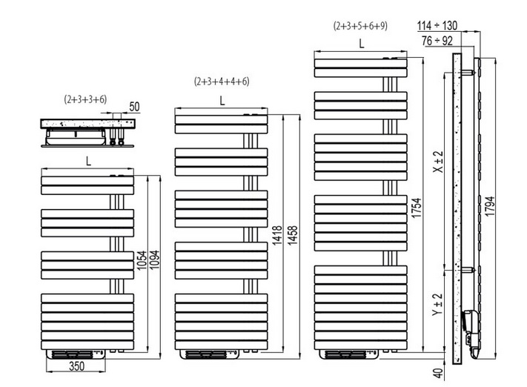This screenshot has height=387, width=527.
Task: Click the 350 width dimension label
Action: click(x=76, y=366)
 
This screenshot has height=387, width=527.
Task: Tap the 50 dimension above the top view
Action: click(x=134, y=107)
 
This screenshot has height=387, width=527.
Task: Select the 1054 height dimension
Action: click(x=142, y=260)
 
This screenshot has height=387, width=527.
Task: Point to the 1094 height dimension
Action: click(x=154, y=260)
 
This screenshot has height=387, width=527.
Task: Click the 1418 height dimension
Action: click(x=278, y=235)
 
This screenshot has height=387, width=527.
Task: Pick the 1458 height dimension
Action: click(x=292, y=235)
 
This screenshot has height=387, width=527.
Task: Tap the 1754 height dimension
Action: click(x=417, y=208)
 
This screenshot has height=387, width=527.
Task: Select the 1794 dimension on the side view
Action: click(x=490, y=206)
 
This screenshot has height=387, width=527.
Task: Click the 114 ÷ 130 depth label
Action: click(x=437, y=25)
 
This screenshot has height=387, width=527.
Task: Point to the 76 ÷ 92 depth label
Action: click(x=437, y=41)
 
